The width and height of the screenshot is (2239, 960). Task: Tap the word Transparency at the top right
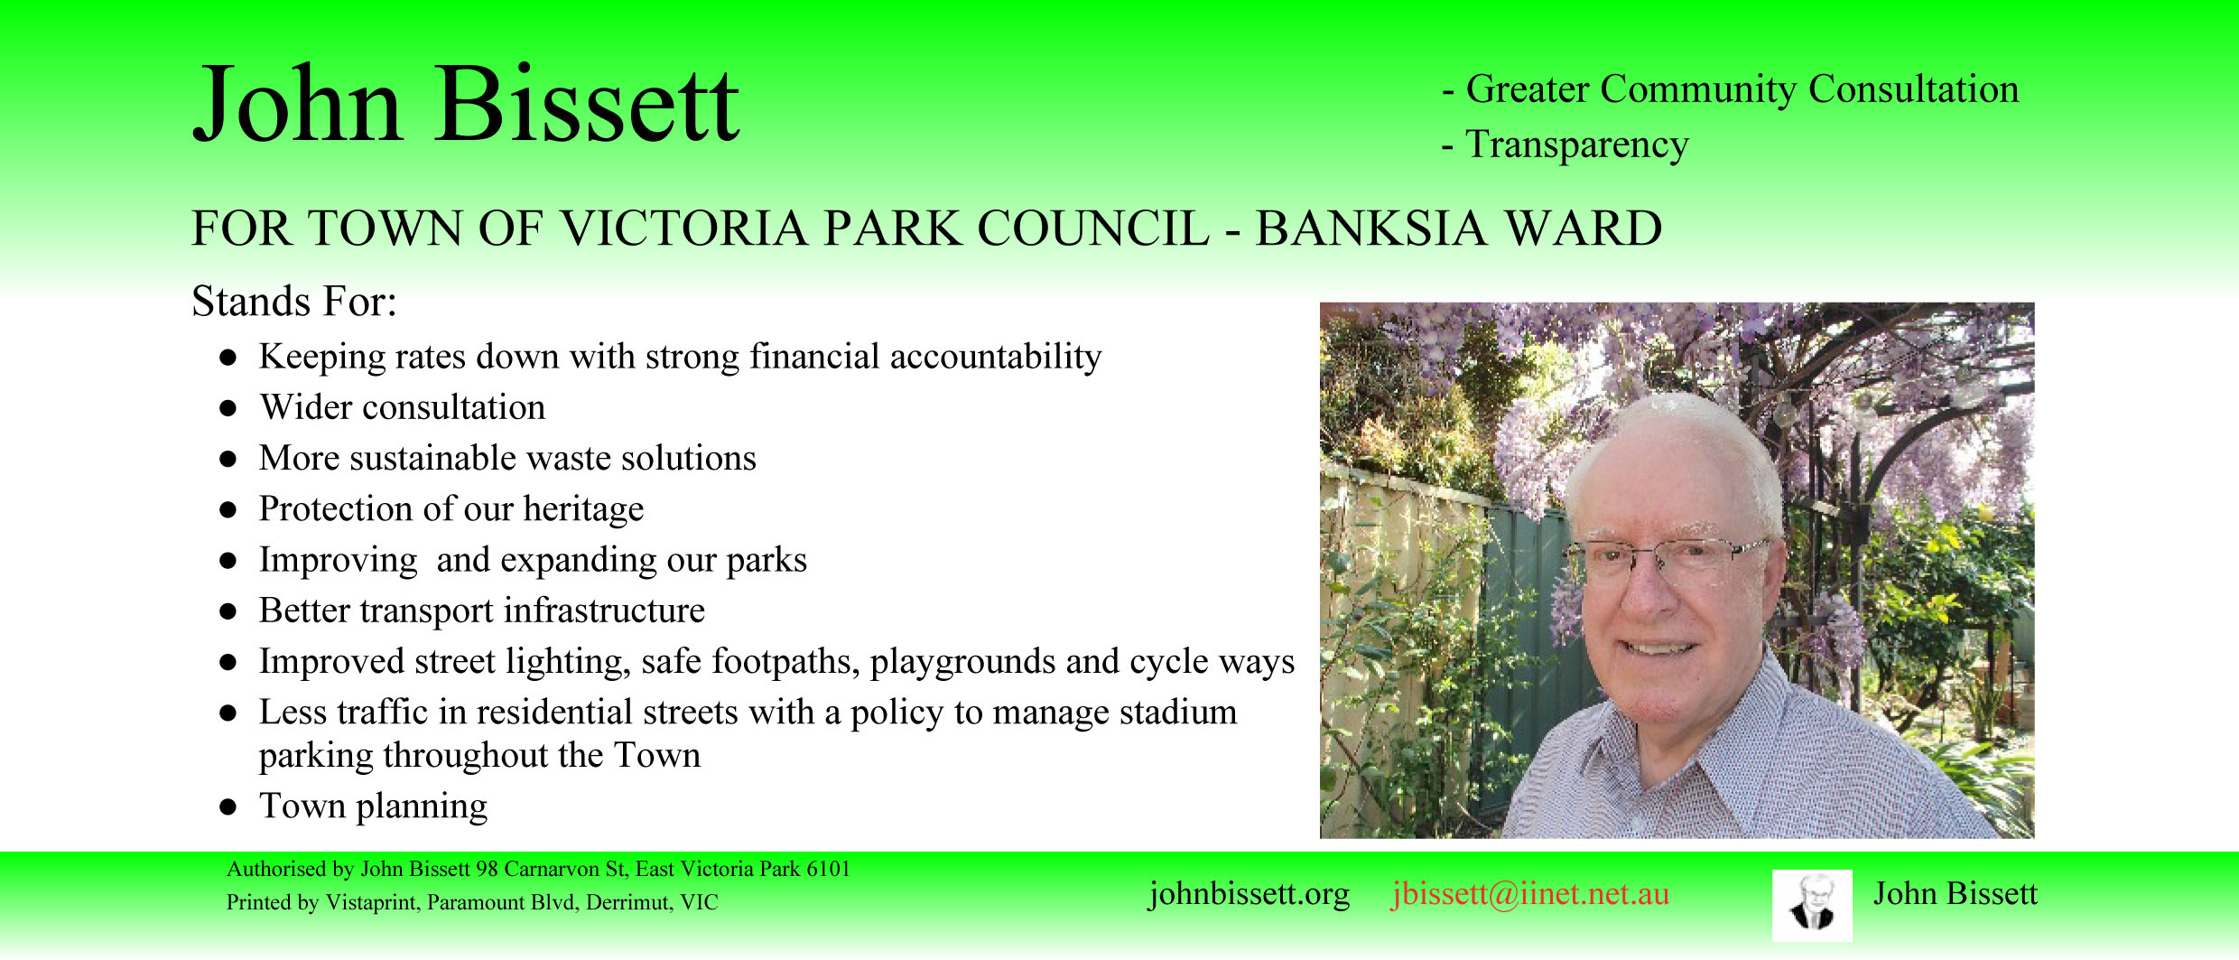tap(1576, 144)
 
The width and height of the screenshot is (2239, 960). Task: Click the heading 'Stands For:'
tap(294, 301)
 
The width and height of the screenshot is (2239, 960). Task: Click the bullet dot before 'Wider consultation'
tap(228, 408)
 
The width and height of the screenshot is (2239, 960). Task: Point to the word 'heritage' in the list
tap(583, 509)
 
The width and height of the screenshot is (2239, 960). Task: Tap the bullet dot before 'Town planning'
tap(228, 806)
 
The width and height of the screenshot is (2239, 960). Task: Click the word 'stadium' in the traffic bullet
tap(1178, 712)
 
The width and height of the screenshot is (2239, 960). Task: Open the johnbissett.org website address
tap(1249, 894)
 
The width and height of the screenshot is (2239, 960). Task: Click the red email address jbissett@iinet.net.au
tap(1529, 894)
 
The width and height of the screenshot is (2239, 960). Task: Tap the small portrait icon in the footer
tap(1812, 905)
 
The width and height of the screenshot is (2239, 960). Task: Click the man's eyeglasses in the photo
tap(1666, 555)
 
